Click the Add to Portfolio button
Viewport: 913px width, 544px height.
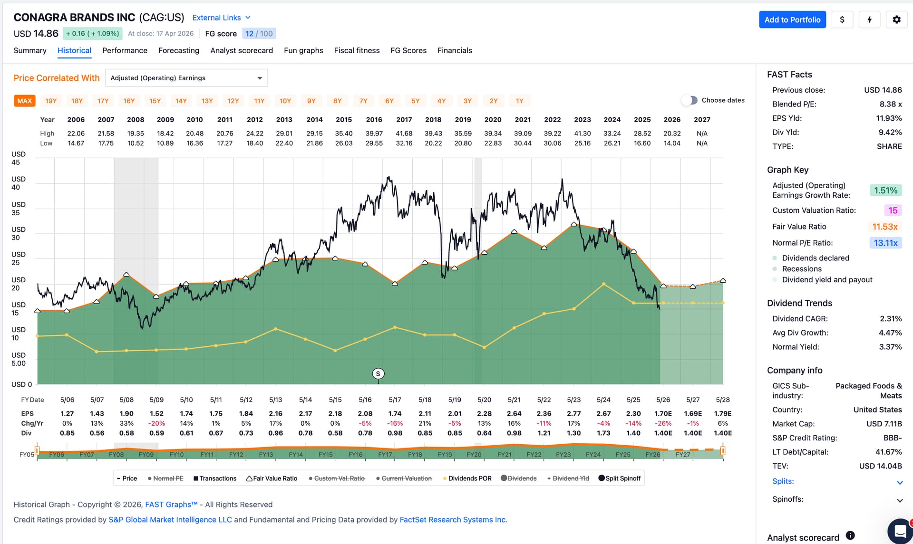coord(792,19)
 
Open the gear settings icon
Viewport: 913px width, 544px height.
coord(896,19)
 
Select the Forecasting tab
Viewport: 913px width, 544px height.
coord(179,50)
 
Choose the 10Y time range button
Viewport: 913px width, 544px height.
coord(285,101)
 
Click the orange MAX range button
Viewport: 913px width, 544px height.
coord(25,101)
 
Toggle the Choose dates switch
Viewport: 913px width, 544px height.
coord(689,100)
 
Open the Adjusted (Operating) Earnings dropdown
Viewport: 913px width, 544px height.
coord(186,78)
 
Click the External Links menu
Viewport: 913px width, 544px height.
coord(221,18)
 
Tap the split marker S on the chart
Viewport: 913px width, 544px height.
coord(378,374)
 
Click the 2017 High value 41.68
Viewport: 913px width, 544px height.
coord(404,134)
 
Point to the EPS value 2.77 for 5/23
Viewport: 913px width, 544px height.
coord(574,414)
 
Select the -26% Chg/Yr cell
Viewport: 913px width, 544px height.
coord(663,423)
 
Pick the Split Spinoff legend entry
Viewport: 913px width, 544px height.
coord(620,478)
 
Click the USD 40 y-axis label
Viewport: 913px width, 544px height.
coord(19,183)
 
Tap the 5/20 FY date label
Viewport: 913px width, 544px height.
coord(484,400)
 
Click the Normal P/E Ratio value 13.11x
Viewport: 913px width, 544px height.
coord(885,243)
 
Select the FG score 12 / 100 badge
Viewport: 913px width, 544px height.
coord(259,34)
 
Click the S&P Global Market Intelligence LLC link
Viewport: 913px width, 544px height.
coord(170,520)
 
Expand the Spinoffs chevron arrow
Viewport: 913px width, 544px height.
coord(900,500)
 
